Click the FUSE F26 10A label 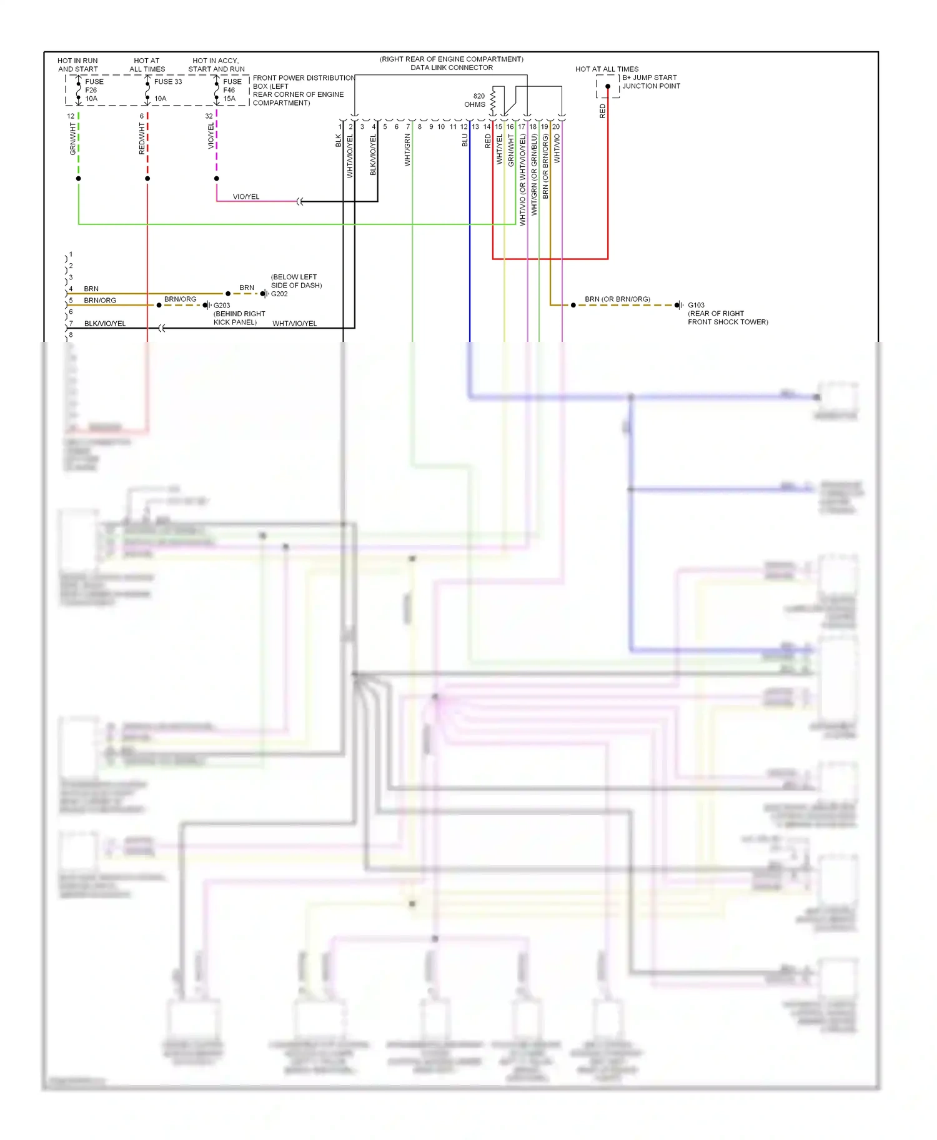[94, 90]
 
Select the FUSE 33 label [168, 82]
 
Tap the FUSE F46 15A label [232, 90]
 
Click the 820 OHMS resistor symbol [493, 101]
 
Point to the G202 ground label [279, 294]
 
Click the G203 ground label [222, 306]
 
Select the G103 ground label [696, 306]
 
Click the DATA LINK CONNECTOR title [452, 67]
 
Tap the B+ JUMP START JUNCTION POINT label [651, 82]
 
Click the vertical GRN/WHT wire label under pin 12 [72, 139]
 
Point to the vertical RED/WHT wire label [142, 138]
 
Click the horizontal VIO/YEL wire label [246, 196]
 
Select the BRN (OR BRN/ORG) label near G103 [617, 299]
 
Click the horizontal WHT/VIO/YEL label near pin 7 [294, 323]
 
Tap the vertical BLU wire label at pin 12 [465, 140]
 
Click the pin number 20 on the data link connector [556, 127]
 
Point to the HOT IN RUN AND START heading [78, 65]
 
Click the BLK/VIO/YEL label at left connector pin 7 [105, 323]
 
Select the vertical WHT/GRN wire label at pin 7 [407, 150]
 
